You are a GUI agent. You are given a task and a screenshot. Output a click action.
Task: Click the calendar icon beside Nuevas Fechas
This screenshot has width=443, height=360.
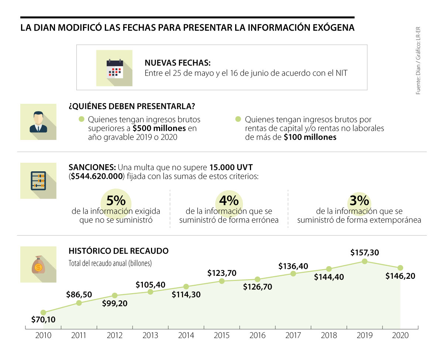(x=114, y=68)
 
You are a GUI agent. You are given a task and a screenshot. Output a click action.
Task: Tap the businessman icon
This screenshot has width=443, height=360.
(x=38, y=122)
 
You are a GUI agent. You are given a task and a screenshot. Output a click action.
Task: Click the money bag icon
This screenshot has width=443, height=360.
(x=38, y=264)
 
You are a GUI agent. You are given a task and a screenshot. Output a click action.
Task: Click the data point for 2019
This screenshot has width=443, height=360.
(x=365, y=261)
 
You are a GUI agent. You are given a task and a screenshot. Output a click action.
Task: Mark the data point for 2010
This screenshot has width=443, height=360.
(x=43, y=312)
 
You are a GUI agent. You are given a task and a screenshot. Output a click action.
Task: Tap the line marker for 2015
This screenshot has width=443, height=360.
(x=222, y=281)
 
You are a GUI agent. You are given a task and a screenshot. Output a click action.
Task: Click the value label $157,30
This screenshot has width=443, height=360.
(x=365, y=253)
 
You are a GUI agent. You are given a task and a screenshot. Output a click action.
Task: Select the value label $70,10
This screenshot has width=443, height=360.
(x=43, y=320)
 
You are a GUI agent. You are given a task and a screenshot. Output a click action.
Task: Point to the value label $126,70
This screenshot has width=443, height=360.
(x=257, y=287)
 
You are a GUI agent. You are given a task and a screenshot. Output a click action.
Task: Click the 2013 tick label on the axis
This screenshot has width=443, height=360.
(x=150, y=336)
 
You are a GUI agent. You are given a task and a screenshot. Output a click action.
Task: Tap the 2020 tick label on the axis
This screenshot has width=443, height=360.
(x=400, y=336)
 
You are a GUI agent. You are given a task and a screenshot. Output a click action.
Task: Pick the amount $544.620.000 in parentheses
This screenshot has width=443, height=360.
(x=96, y=176)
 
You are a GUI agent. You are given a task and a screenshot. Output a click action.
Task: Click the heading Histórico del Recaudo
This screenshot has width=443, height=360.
(x=119, y=251)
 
